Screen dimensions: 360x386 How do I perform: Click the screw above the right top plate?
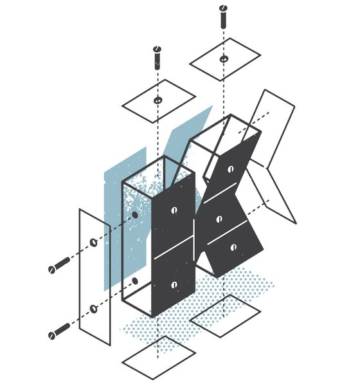tap(224, 17)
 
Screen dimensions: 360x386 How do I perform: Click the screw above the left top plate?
tap(157, 58)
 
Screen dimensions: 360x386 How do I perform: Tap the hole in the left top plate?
tap(157, 100)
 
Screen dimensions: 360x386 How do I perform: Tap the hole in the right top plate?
tap(224, 59)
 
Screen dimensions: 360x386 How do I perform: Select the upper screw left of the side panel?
tap(59, 265)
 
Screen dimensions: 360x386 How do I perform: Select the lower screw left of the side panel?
tap(59, 331)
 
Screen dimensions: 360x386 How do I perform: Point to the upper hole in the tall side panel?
tap(93, 243)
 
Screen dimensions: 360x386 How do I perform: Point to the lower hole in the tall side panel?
tap(93, 308)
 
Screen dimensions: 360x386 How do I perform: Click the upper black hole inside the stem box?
tap(135, 215)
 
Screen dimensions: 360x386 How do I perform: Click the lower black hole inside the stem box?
tap(135, 281)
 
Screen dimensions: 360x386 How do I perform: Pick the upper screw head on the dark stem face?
tap(174, 210)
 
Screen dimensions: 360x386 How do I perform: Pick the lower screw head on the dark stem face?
tap(174, 285)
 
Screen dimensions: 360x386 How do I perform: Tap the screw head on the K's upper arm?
tap(231, 169)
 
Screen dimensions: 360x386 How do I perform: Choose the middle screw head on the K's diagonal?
tap(219, 219)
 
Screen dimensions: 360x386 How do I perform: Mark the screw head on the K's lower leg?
tap(233, 247)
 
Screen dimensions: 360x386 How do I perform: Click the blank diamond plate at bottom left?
tap(159, 358)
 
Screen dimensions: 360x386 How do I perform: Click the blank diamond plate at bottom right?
tap(225, 316)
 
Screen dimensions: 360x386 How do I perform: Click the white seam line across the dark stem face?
tap(174, 248)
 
